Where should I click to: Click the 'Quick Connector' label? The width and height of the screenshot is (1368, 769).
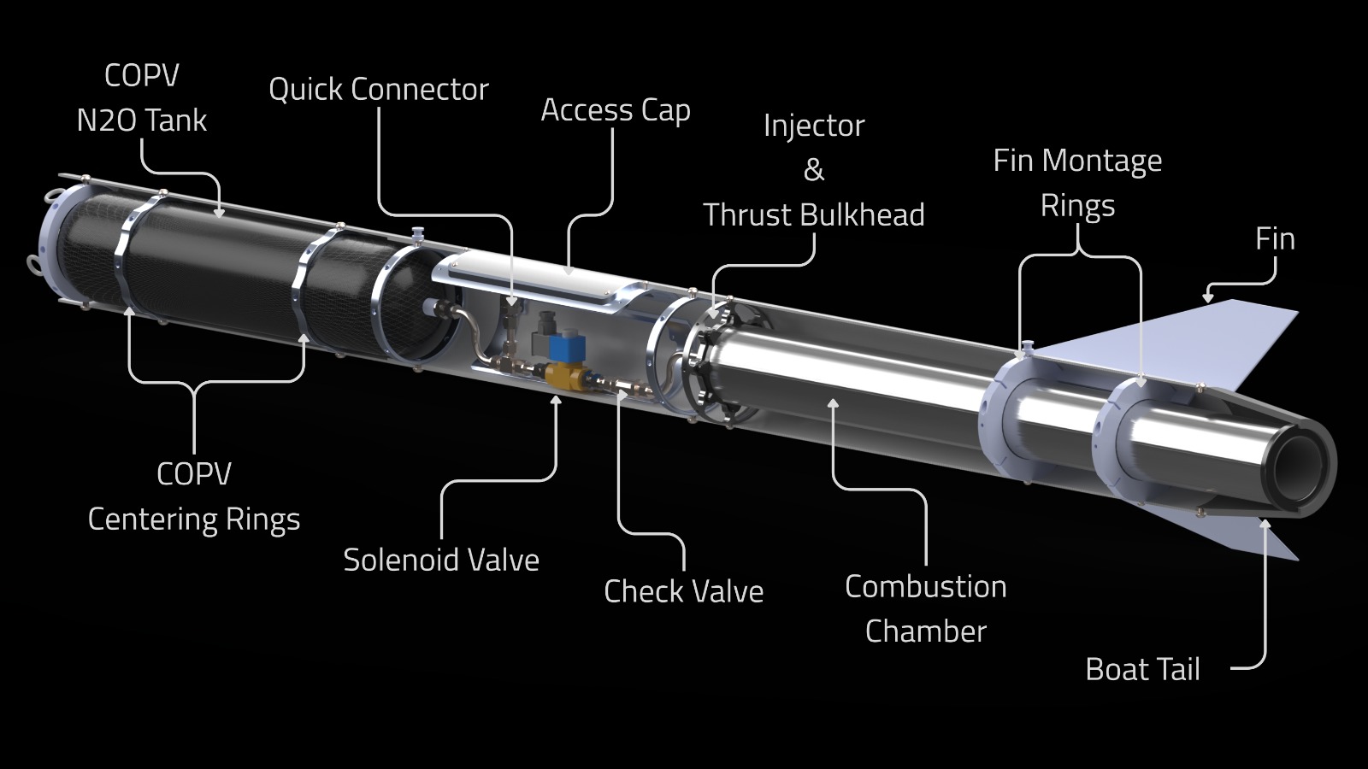(x=378, y=90)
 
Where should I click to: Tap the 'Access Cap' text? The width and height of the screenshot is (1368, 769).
(x=615, y=110)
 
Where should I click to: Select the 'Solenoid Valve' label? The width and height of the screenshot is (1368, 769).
(x=441, y=561)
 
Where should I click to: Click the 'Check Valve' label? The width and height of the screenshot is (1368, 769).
(x=683, y=591)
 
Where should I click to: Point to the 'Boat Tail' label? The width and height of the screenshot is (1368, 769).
(x=1142, y=669)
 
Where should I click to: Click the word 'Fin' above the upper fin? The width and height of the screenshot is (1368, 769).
(x=1275, y=239)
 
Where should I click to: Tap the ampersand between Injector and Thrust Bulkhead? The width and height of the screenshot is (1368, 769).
(x=814, y=170)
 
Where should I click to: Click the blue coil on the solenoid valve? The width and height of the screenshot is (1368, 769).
(x=562, y=350)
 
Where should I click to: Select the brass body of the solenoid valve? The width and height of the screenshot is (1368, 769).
(x=564, y=376)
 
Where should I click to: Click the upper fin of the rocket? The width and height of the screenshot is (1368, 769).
(x=1197, y=342)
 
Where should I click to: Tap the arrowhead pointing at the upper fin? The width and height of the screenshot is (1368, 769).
(x=1207, y=297)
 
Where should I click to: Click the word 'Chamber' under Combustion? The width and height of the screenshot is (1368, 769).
(x=925, y=631)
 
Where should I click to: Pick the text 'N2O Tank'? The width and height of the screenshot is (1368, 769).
(x=142, y=120)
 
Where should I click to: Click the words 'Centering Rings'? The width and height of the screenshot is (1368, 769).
(x=194, y=520)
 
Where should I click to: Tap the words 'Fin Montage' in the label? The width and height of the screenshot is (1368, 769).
(x=1077, y=161)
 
